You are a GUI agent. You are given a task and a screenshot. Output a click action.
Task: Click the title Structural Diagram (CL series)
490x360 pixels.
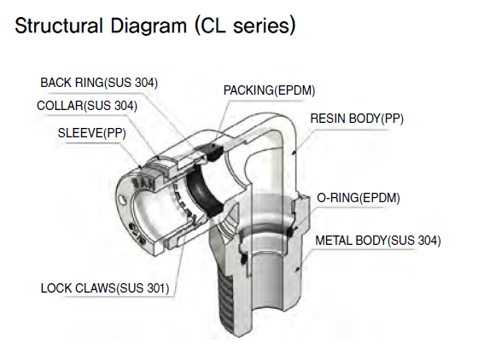[155, 26]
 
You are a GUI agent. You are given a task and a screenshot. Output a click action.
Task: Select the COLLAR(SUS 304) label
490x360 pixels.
[87, 106]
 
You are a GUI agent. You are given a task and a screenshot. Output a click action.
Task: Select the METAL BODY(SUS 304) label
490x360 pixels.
[378, 240]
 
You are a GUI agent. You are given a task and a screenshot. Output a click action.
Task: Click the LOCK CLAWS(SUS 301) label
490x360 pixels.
[105, 287]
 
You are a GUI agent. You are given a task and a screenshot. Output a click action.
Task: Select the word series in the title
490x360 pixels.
[260, 26]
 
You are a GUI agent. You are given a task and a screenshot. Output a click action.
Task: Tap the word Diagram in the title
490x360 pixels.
[143, 26]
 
